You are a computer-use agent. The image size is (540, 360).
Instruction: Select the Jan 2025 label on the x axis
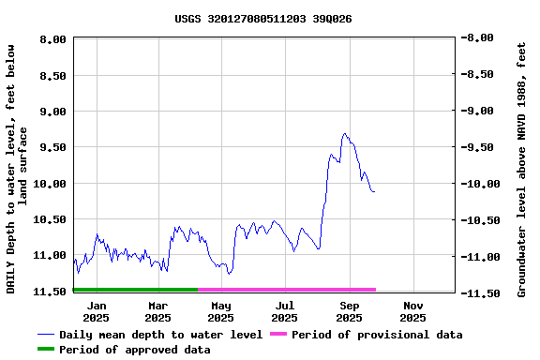97,311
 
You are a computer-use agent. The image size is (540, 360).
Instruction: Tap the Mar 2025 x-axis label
158,311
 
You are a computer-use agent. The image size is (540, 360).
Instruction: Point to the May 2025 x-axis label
221,311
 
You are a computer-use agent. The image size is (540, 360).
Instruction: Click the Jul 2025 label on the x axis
285,311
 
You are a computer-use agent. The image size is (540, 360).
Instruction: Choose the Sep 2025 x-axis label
349,311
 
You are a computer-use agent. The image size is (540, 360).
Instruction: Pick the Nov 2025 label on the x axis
412,311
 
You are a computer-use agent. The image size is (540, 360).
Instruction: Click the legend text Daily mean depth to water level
160,335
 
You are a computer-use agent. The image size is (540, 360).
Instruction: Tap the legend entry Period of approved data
134,350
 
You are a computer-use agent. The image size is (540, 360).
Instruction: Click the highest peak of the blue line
345,133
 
